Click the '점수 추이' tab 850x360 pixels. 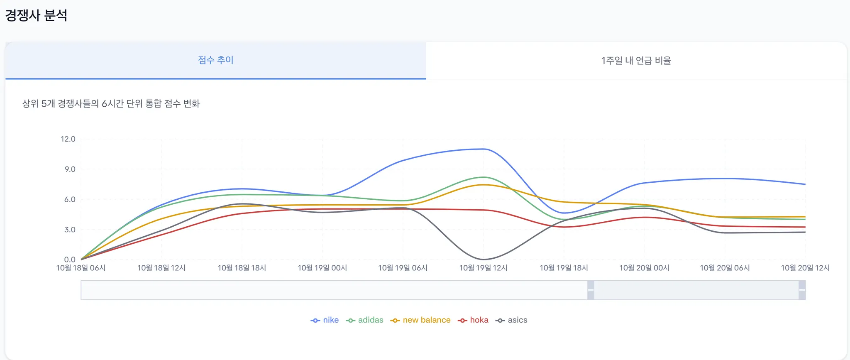(215, 60)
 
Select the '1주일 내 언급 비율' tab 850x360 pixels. (636, 61)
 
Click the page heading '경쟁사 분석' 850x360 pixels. (36, 15)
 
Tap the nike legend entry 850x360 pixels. (325, 320)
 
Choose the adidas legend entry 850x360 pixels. (365, 320)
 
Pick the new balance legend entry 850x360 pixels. (420, 320)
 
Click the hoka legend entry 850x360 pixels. (473, 320)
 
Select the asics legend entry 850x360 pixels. (512, 320)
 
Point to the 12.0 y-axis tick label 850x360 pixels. (68, 139)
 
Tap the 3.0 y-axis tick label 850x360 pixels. (70, 230)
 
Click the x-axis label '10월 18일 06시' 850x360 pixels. (81, 268)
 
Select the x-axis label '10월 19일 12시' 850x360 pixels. (483, 268)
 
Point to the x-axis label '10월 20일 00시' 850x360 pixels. (644, 268)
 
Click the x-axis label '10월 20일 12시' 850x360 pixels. (805, 268)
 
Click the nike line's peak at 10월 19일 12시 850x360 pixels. (484, 149)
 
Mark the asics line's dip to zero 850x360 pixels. (484, 260)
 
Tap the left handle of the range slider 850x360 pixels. (591, 290)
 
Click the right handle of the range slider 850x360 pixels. (802, 290)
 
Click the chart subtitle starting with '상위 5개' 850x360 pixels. (111, 104)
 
